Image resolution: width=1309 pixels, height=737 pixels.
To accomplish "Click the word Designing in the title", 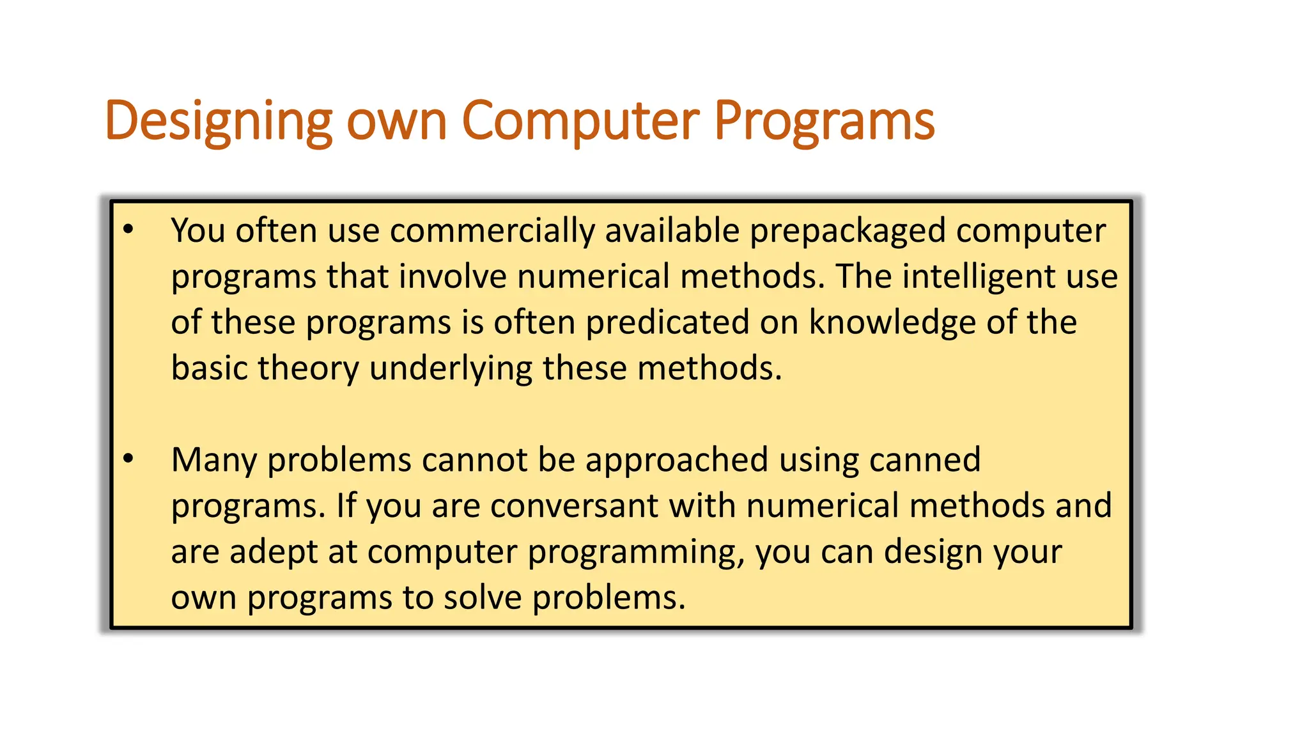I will (218, 121).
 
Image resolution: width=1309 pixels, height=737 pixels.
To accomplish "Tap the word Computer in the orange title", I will (580, 121).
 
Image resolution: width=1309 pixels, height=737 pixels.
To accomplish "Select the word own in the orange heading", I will (396, 121).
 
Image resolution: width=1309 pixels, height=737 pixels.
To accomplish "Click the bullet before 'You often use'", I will (128, 230).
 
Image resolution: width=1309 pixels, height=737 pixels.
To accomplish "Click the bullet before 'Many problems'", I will (128, 459).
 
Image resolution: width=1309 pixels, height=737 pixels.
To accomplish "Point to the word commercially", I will (492, 230).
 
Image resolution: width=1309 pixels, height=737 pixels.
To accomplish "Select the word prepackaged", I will (847, 230).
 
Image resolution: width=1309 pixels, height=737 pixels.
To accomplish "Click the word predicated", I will (667, 322).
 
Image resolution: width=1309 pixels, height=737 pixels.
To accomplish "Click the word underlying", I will (451, 368).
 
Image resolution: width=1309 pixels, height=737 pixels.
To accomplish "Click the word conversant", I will (574, 505).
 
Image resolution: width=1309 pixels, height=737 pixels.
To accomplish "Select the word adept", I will (273, 551).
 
